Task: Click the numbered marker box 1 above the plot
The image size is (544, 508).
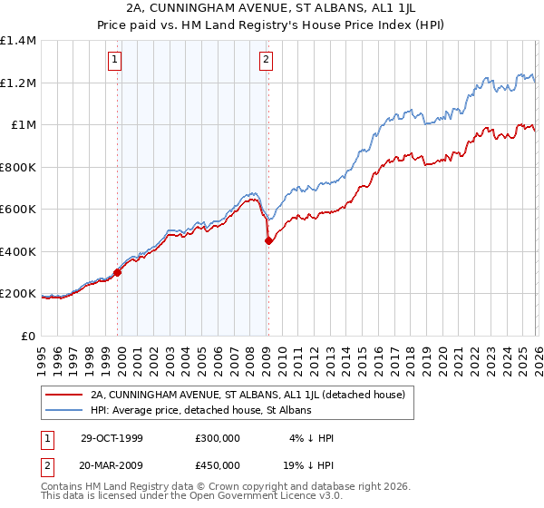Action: click(116, 61)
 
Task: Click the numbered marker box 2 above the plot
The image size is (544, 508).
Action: click(267, 61)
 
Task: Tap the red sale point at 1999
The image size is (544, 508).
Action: click(118, 272)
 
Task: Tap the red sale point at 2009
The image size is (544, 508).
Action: click(268, 240)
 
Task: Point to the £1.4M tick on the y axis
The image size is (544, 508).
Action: click(18, 41)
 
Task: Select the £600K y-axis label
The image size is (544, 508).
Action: click(18, 210)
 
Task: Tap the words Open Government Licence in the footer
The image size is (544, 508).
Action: click(255, 497)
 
